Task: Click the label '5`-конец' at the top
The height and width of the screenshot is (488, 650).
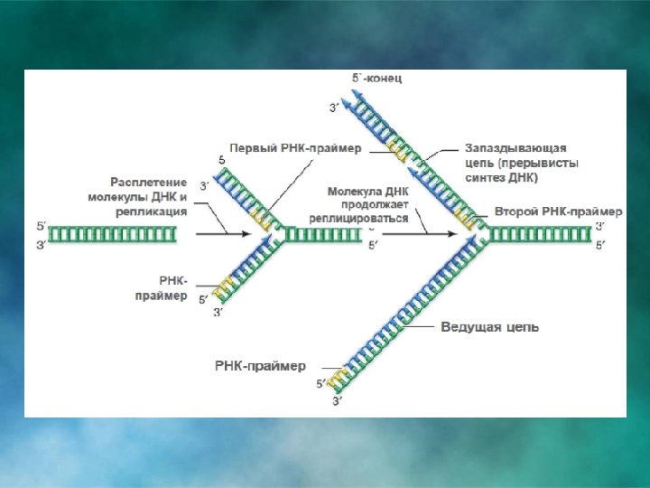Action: click(x=377, y=79)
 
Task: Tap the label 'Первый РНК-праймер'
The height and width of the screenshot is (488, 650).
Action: click(x=295, y=147)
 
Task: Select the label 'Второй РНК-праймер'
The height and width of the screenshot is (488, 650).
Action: click(x=559, y=211)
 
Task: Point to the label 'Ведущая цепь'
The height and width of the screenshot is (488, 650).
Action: click(x=489, y=326)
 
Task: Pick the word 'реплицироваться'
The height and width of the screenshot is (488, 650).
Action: click(x=357, y=219)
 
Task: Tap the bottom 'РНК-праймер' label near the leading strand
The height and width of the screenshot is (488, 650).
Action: click(x=260, y=366)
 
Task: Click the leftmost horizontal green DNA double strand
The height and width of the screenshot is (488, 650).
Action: click(x=112, y=235)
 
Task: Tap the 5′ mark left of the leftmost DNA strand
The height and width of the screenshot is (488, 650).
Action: click(x=41, y=225)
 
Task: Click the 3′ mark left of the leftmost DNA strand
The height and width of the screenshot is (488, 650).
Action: click(x=41, y=245)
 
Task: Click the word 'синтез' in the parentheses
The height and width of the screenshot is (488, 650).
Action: click(x=485, y=178)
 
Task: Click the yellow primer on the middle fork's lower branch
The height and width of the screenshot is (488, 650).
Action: click(x=223, y=288)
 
